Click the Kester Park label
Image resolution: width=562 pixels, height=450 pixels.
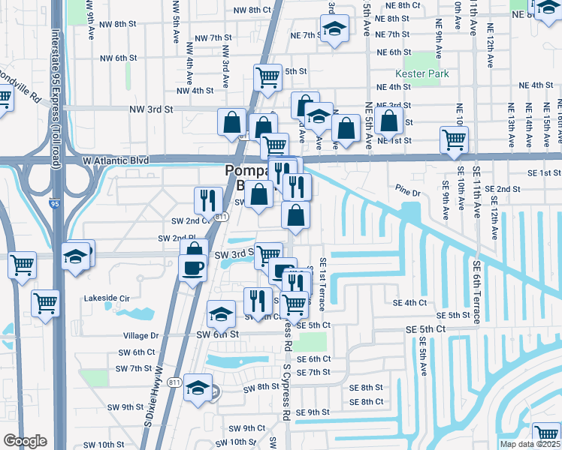click(421, 73)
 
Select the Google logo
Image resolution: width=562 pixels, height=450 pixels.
click(24, 440)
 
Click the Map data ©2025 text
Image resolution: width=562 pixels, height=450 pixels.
click(530, 444)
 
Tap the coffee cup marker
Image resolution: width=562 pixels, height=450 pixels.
click(192, 267)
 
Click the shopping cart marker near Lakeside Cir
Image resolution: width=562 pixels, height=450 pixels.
click(45, 304)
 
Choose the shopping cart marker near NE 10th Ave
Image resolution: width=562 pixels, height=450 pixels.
click(454, 140)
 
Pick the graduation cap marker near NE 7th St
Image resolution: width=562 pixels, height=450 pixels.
click(334, 29)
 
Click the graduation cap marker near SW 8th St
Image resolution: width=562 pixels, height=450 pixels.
click(198, 388)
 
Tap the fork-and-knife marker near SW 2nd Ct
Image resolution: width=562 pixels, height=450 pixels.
click(208, 200)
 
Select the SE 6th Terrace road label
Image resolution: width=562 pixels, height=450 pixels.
click(477, 292)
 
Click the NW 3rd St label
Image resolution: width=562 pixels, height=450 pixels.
click(151, 109)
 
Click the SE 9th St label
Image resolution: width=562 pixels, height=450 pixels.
click(313, 412)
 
